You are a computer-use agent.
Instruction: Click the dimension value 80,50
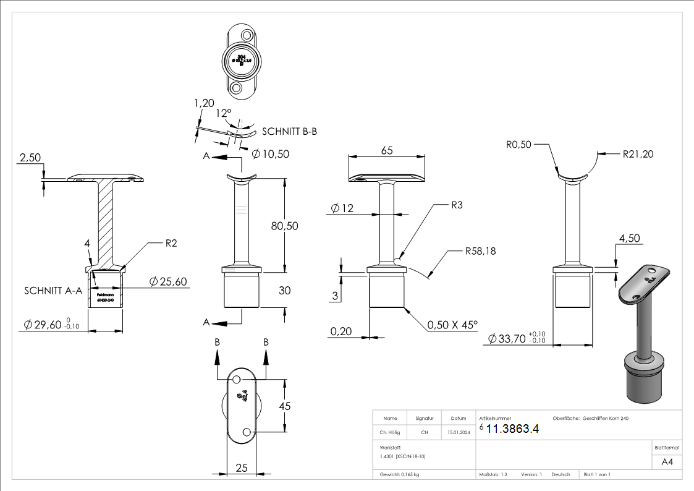coord(284,226)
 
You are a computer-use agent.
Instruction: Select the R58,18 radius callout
coord(481,252)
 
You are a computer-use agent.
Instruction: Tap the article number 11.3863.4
coord(513,429)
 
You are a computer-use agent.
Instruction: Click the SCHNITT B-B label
coord(290,132)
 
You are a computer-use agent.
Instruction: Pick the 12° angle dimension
coord(223,114)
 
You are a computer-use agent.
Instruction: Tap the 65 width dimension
coord(387,150)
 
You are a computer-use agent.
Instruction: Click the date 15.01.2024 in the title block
coord(458,433)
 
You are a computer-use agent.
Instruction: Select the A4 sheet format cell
coord(667,461)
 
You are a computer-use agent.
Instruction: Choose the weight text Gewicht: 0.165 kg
coord(400,475)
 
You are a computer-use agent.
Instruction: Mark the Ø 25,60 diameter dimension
coord(168,282)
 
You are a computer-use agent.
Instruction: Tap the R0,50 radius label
coord(518,145)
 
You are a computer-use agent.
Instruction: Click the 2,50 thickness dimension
coord(30,158)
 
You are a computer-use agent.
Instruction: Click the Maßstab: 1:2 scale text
coord(493,475)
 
